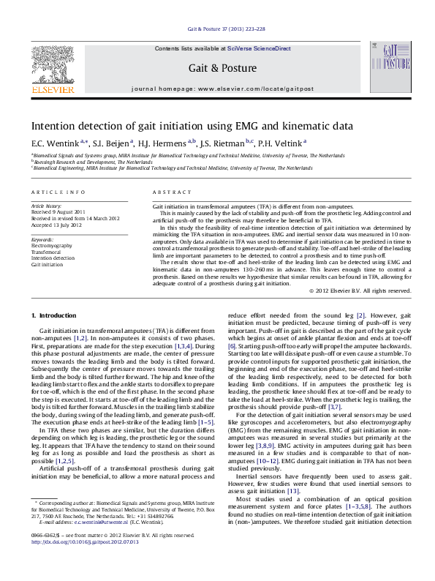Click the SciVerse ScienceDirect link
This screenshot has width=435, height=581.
point(258,48)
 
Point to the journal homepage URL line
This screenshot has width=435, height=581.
point(222,89)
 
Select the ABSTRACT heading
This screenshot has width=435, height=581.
point(167,192)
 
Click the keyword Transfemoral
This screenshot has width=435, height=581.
point(45,252)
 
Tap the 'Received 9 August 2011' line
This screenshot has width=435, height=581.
point(58,213)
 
